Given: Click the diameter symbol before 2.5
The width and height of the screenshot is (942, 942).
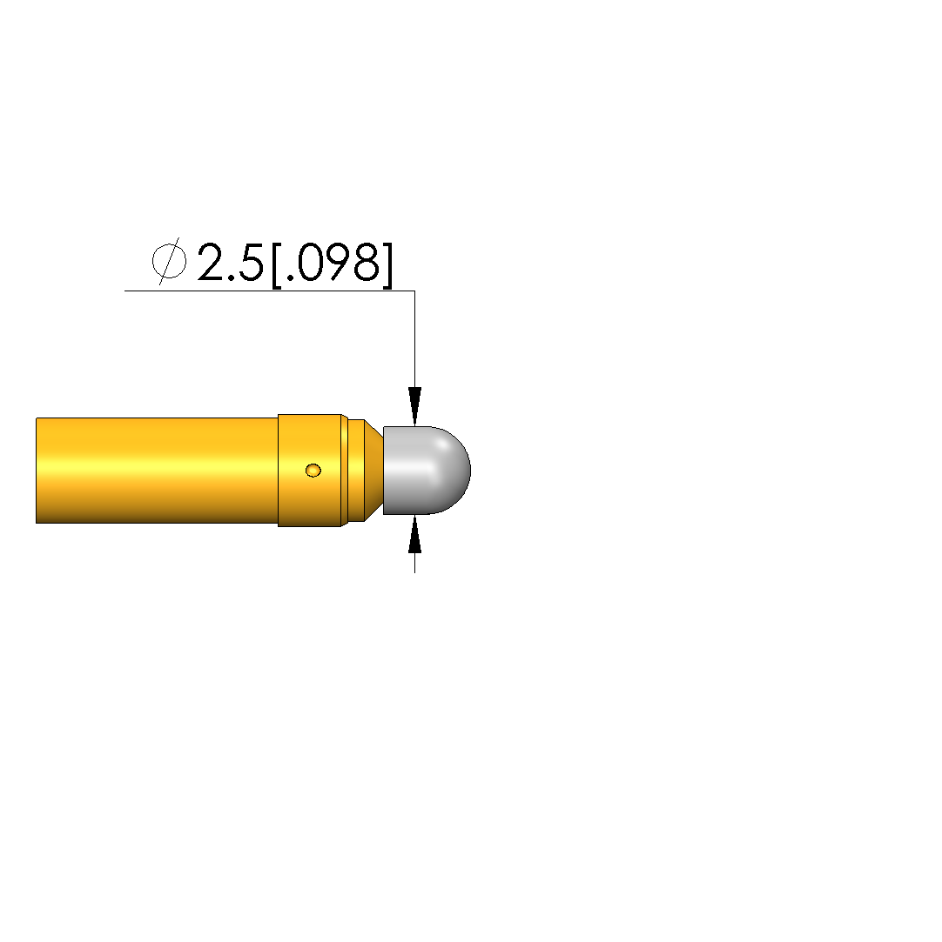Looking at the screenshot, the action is [169, 261].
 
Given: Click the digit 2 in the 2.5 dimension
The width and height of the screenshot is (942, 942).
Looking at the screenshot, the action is [213, 262].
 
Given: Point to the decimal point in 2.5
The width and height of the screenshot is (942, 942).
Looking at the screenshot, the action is [234, 277].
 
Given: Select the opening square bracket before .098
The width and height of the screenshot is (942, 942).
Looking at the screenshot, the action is [277, 265].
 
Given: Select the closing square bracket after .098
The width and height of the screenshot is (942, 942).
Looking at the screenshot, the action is [387, 265].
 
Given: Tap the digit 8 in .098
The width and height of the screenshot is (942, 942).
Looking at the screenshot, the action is [367, 263].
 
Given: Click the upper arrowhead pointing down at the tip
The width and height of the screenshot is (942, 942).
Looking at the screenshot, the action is [414, 406].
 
